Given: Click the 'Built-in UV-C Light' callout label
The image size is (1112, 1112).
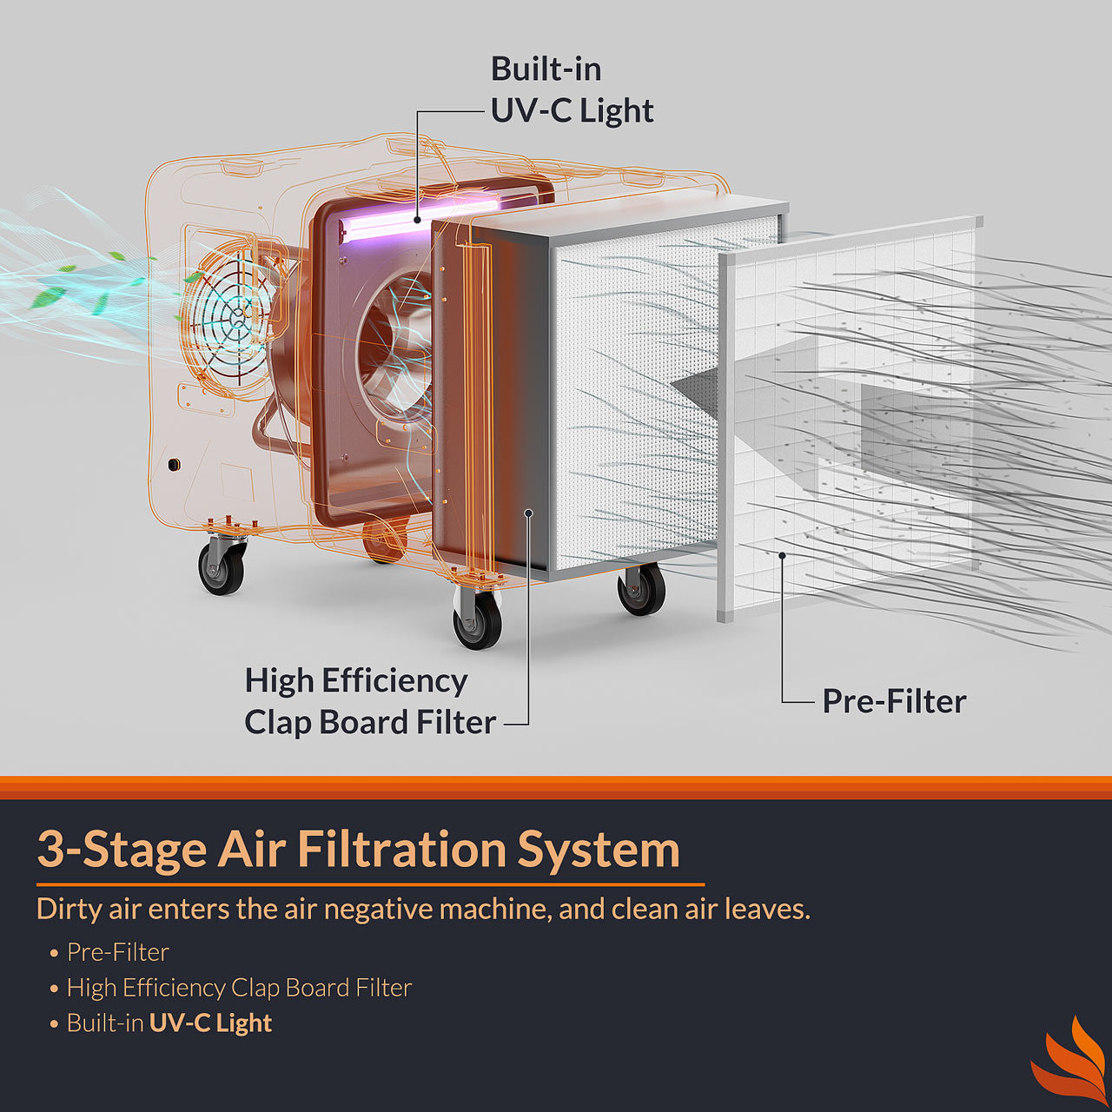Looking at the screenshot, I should (x=571, y=90).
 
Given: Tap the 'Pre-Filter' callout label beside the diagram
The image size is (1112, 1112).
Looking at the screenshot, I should (x=893, y=701).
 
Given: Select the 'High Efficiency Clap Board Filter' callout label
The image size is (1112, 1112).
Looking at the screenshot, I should (x=369, y=701).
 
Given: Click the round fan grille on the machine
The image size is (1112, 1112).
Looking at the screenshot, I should (x=228, y=316).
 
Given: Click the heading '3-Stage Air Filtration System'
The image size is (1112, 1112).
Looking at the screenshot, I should (x=358, y=849).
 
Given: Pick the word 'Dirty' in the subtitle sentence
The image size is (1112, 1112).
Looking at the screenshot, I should (x=69, y=909).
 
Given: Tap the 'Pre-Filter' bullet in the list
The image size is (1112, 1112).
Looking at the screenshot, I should (x=117, y=952).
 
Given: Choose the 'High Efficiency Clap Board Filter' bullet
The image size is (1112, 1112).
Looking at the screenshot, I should (x=239, y=988).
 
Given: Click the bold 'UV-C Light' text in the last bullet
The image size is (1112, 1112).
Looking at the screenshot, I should (x=210, y=1023).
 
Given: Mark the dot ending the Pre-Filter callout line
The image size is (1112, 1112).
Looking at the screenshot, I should (x=782, y=555).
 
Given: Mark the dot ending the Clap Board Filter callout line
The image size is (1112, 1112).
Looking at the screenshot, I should (x=528, y=513).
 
